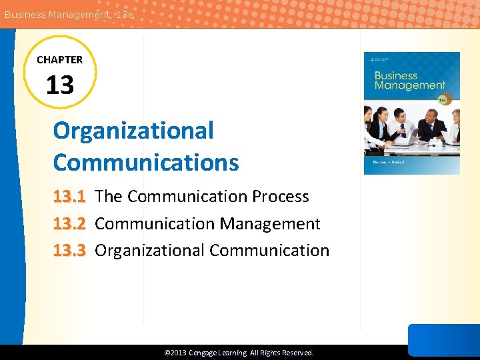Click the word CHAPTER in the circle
[x=60, y=60]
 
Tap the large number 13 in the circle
[x=60, y=85]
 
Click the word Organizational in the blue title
[x=133, y=131]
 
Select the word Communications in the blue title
[x=146, y=162]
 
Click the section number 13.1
[x=69, y=197]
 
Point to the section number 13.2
[x=69, y=224]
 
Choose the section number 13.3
[x=69, y=251]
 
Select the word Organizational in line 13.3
[x=149, y=251]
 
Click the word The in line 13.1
[x=109, y=197]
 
